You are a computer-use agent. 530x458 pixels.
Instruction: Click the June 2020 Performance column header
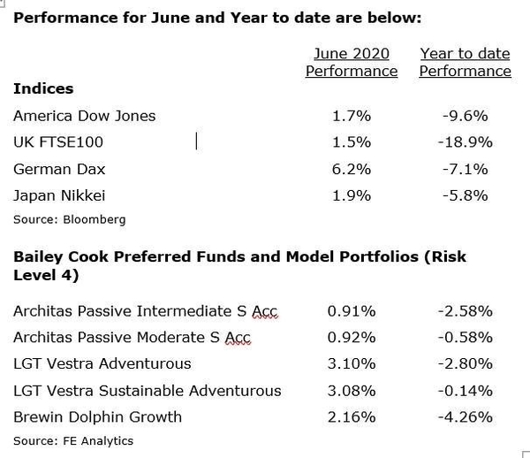pyautogui.click(x=352, y=62)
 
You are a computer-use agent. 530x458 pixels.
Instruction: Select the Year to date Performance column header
pyautogui.click(x=465, y=62)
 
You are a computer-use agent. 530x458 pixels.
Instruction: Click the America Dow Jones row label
pyautogui.click(x=85, y=116)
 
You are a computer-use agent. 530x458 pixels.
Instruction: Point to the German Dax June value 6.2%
pyautogui.click(x=352, y=169)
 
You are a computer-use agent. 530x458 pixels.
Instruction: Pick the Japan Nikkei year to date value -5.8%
pyautogui.click(x=465, y=195)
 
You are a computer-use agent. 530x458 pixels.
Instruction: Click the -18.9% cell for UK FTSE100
pyautogui.click(x=465, y=142)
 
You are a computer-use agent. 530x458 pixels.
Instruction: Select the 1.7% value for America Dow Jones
pyautogui.click(x=352, y=116)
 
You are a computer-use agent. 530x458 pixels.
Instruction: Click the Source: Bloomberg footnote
pyautogui.click(x=70, y=219)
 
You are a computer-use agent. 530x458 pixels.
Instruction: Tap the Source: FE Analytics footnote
pyautogui.click(x=73, y=440)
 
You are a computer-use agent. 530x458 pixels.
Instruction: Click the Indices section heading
pyautogui.click(x=43, y=88)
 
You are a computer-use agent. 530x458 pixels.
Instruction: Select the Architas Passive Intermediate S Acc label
pyautogui.click(x=146, y=310)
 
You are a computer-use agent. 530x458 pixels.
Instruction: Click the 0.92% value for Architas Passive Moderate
pyautogui.click(x=352, y=337)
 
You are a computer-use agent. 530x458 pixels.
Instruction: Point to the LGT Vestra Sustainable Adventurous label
pyautogui.click(x=148, y=390)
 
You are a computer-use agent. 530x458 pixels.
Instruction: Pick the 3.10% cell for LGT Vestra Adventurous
pyautogui.click(x=352, y=363)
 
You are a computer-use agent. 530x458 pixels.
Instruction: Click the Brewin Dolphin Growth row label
pyautogui.click(x=98, y=416)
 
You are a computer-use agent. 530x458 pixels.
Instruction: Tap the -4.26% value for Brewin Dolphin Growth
pyautogui.click(x=465, y=416)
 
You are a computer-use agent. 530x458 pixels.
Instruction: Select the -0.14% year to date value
pyautogui.click(x=465, y=390)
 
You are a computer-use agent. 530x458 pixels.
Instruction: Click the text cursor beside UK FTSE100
pyautogui.click(x=196, y=141)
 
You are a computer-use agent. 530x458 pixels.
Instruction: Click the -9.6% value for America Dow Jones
pyautogui.click(x=465, y=116)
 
